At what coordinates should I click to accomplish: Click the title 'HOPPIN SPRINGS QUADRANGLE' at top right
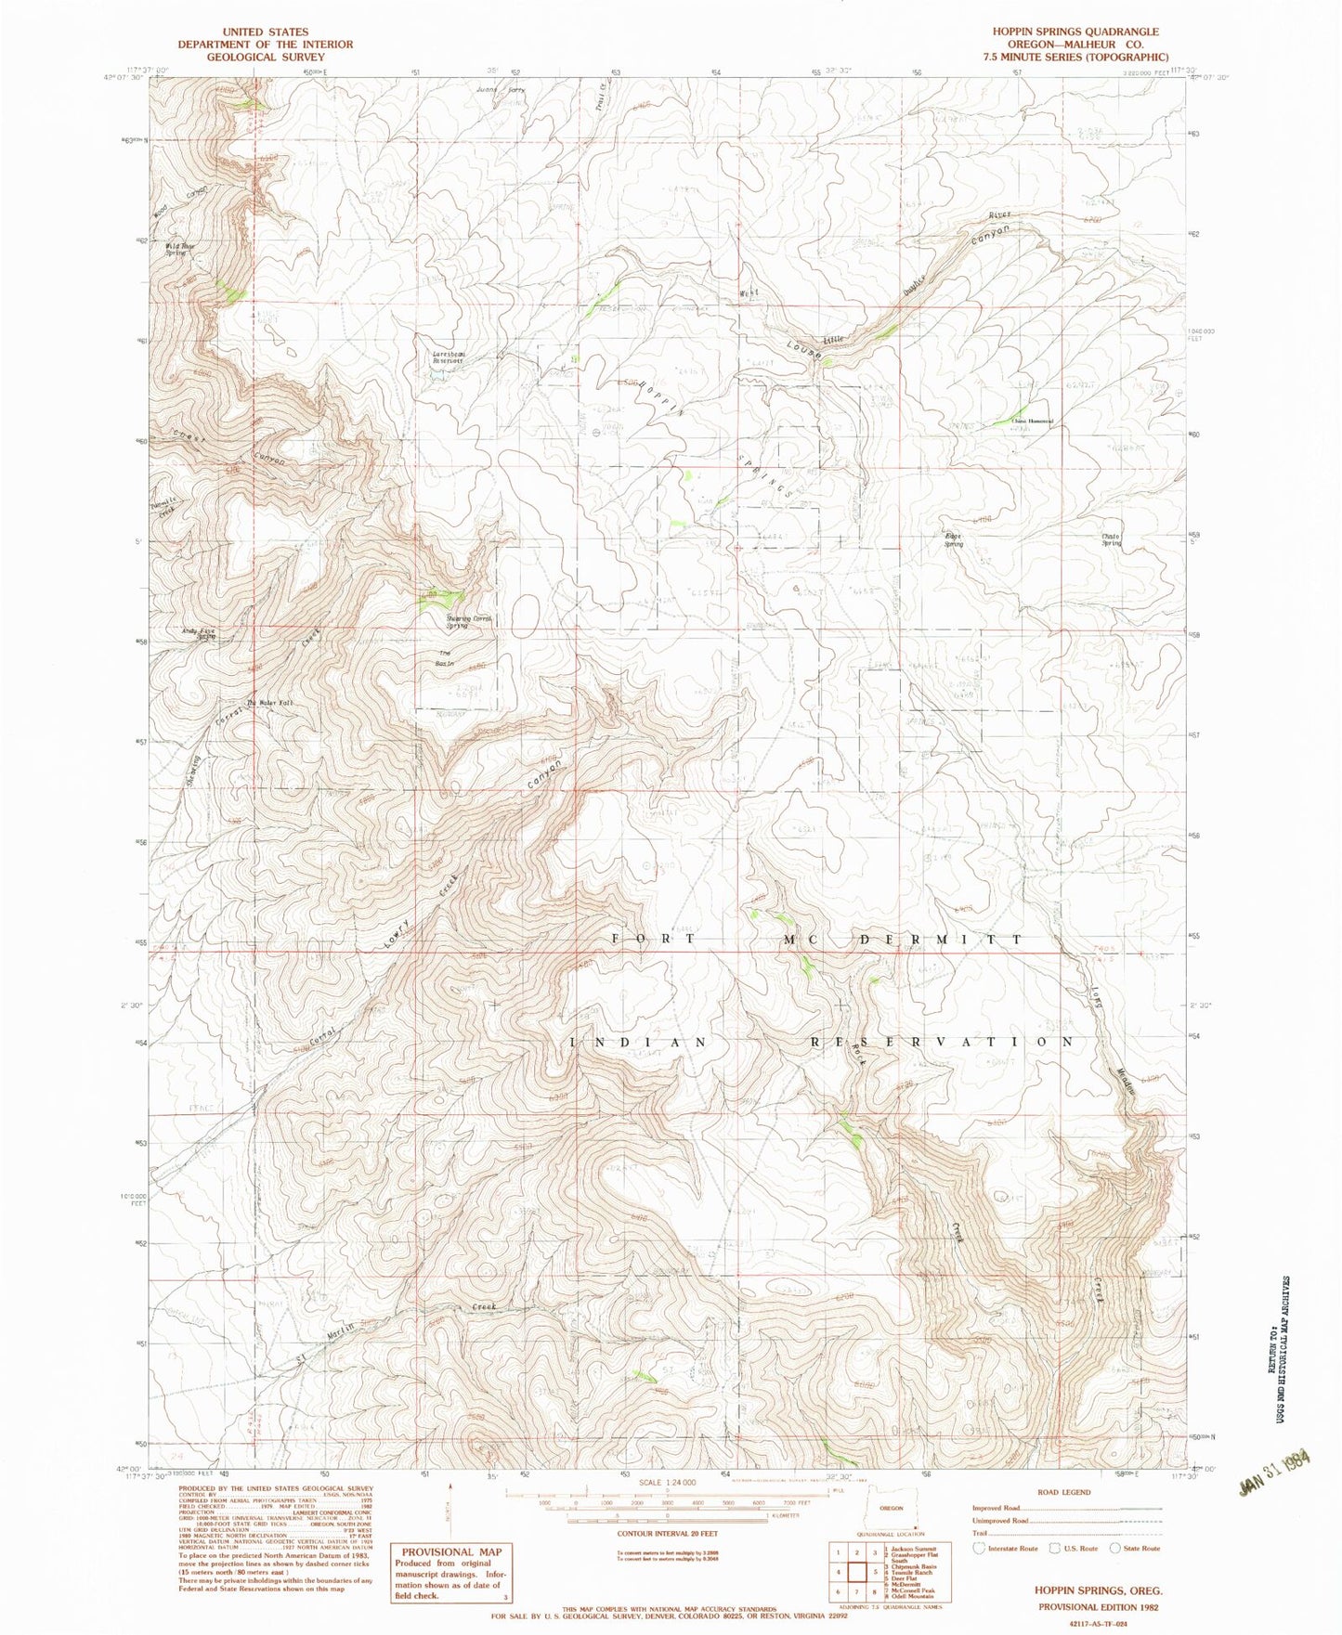pyautogui.click(x=1075, y=32)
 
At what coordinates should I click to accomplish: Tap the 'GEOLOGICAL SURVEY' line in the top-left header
pyautogui.click(x=247, y=57)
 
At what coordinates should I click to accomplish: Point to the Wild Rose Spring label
pyautogui.click(x=181, y=250)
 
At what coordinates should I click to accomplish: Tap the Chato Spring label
pyautogui.click(x=1112, y=539)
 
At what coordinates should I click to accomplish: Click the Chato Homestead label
pyautogui.click(x=1032, y=422)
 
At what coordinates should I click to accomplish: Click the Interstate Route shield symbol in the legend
pyautogui.click(x=978, y=1548)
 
